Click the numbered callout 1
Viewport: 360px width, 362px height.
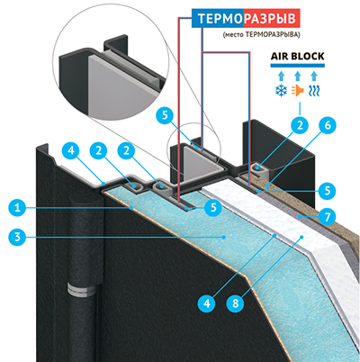pos(18,208)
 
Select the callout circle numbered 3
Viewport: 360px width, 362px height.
pos(18,237)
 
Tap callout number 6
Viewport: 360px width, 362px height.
pos(328,125)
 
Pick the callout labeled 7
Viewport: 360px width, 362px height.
pos(328,216)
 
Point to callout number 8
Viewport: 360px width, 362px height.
pos(236,303)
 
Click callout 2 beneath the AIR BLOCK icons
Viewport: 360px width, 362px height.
pos(301,125)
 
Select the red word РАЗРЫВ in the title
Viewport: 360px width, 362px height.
pos(269,19)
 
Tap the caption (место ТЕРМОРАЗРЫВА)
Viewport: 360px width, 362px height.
pos(261,35)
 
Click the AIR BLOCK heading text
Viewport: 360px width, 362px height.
pos(297,56)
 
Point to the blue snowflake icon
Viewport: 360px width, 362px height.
pos(281,91)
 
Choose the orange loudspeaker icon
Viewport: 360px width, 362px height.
pos(297,91)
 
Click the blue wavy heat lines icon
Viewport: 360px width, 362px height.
pos(314,91)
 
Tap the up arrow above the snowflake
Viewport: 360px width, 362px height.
pos(281,77)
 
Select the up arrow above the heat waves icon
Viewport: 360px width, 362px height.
pos(314,77)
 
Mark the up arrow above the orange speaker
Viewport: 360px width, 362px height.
pos(297,77)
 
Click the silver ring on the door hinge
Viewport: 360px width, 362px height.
pos(82,289)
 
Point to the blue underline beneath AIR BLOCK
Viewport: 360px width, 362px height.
pos(297,65)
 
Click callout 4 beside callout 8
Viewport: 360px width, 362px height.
pos(207,303)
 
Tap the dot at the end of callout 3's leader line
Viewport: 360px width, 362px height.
pos(224,237)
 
